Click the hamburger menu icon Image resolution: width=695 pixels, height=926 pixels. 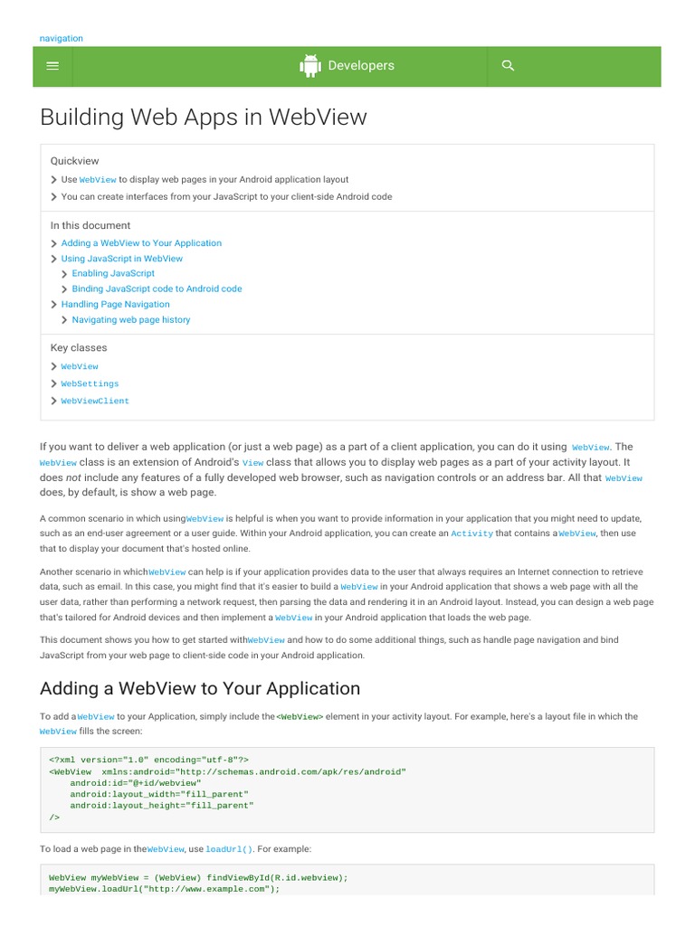52,65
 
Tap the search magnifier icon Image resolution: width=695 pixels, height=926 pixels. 508,65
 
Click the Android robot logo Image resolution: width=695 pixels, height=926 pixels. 310,66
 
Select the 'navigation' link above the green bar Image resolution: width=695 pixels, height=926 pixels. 62,38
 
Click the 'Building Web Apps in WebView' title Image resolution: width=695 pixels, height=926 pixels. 204,118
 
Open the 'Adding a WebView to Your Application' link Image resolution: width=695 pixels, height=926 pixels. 141,243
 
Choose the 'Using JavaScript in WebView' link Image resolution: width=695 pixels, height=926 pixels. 122,259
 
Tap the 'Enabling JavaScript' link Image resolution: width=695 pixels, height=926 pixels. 113,273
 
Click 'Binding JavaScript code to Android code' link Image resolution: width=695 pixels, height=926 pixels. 157,288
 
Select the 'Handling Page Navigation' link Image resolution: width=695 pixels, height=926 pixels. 115,305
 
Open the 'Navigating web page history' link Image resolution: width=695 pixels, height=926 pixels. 131,320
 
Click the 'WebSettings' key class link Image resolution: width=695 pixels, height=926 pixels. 90,383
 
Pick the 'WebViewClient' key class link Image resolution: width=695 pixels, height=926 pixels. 95,401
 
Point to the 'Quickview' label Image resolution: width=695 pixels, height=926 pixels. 75,161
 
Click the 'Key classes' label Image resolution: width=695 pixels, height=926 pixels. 79,348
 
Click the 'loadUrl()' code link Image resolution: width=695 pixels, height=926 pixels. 230,850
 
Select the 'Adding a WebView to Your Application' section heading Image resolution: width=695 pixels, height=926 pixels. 200,689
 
